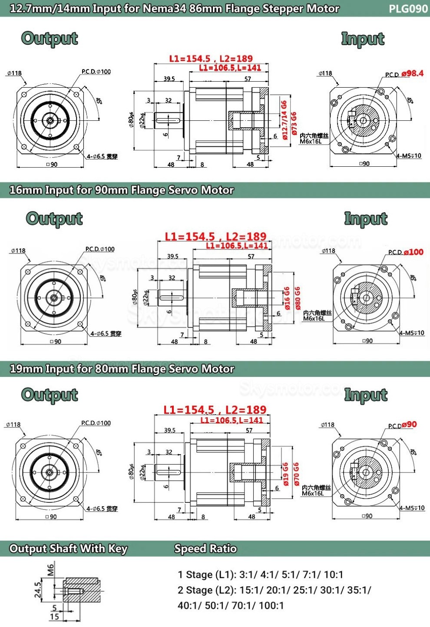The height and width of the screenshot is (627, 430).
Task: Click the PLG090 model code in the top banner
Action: (x=408, y=9)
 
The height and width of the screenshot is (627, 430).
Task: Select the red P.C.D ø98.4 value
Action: (x=412, y=73)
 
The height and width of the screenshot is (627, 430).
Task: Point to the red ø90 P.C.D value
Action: (x=409, y=424)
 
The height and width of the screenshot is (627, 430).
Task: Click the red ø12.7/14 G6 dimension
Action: (x=284, y=120)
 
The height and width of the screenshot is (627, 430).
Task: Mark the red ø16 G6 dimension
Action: (x=287, y=298)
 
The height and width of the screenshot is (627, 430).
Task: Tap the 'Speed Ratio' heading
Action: (x=205, y=549)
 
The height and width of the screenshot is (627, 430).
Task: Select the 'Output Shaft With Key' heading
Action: (x=68, y=549)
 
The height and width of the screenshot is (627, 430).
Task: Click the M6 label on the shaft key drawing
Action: (x=51, y=568)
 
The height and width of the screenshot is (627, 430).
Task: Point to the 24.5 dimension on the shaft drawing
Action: (x=38, y=590)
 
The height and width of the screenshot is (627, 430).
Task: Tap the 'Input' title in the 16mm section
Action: (x=366, y=218)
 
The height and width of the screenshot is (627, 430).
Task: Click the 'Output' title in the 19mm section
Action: (x=50, y=395)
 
